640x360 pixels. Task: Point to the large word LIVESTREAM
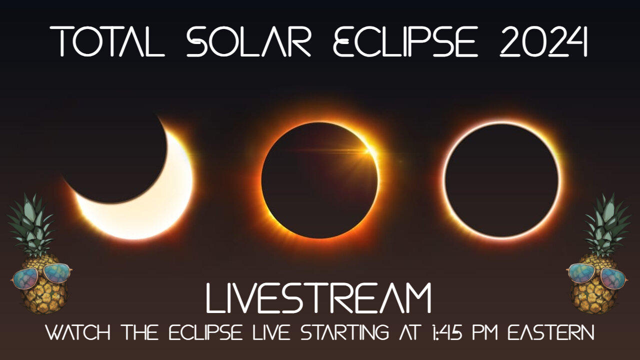(x=319, y=299)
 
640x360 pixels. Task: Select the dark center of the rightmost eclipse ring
(x=501, y=180)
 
